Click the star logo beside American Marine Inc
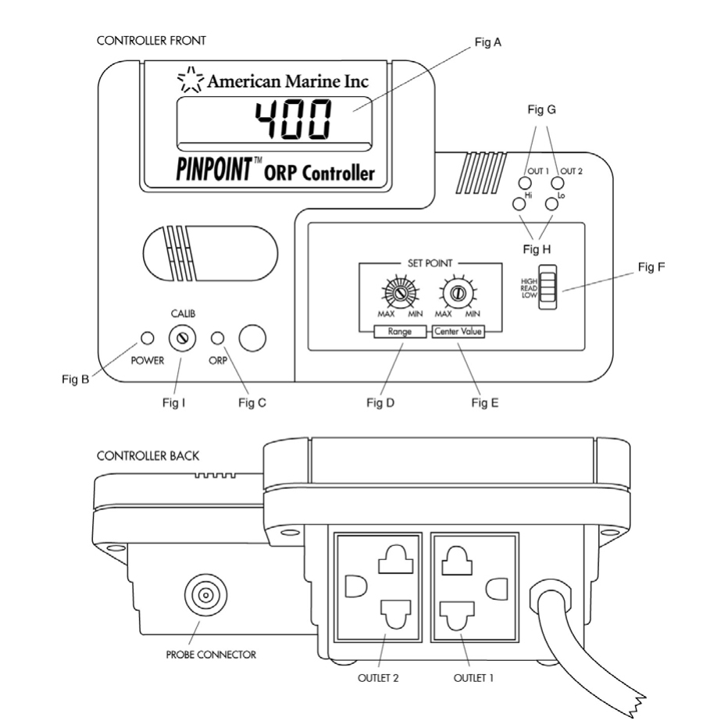190,79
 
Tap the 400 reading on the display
294,121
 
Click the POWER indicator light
146,338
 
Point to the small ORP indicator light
219,338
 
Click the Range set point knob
400,294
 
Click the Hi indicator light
518,204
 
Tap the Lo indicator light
552,204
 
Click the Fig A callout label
487,43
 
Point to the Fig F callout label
651,267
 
